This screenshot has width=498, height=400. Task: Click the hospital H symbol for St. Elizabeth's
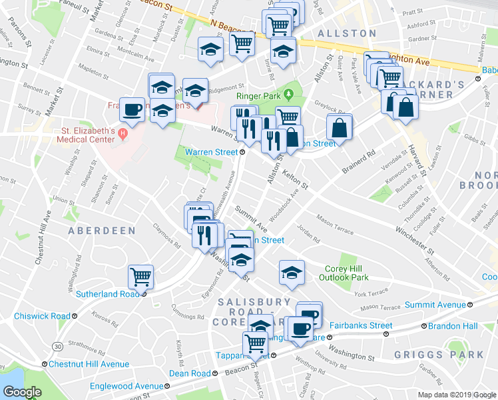[122, 135]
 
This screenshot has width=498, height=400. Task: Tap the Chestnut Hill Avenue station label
[89, 364]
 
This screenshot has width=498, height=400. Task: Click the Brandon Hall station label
[453, 326]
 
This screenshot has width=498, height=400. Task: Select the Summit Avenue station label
[435, 305]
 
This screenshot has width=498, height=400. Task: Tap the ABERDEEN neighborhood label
[101, 231]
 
